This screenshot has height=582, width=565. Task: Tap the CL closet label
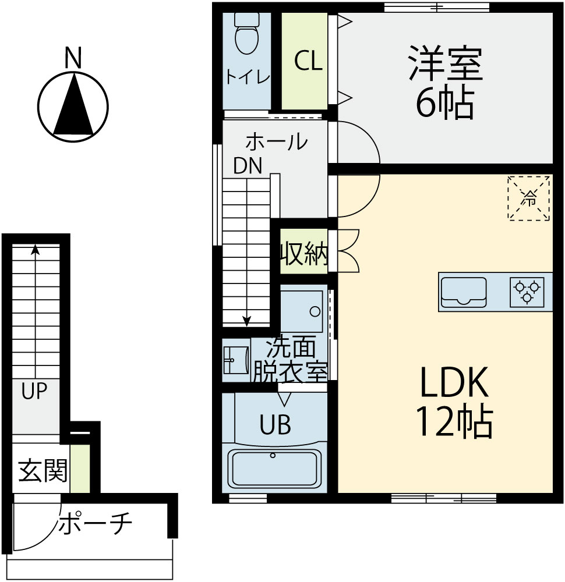click(308, 61)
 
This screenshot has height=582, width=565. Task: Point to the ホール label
click(277, 141)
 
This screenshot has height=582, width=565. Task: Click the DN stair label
click(248, 165)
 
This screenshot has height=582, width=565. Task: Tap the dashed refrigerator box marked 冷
click(529, 198)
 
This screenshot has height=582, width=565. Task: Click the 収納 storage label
click(305, 254)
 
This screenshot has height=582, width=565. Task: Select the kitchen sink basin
click(463, 292)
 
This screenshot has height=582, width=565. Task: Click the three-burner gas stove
click(527, 292)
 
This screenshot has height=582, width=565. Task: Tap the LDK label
click(454, 382)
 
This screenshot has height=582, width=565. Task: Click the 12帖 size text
click(454, 422)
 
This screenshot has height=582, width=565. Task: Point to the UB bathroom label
click(276, 425)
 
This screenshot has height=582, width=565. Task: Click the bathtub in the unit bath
click(274, 469)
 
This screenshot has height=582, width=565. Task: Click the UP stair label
click(34, 391)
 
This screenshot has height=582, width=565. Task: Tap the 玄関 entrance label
click(43, 471)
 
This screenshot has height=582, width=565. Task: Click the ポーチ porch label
click(95, 523)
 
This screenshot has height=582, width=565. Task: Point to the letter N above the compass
click(73, 58)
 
